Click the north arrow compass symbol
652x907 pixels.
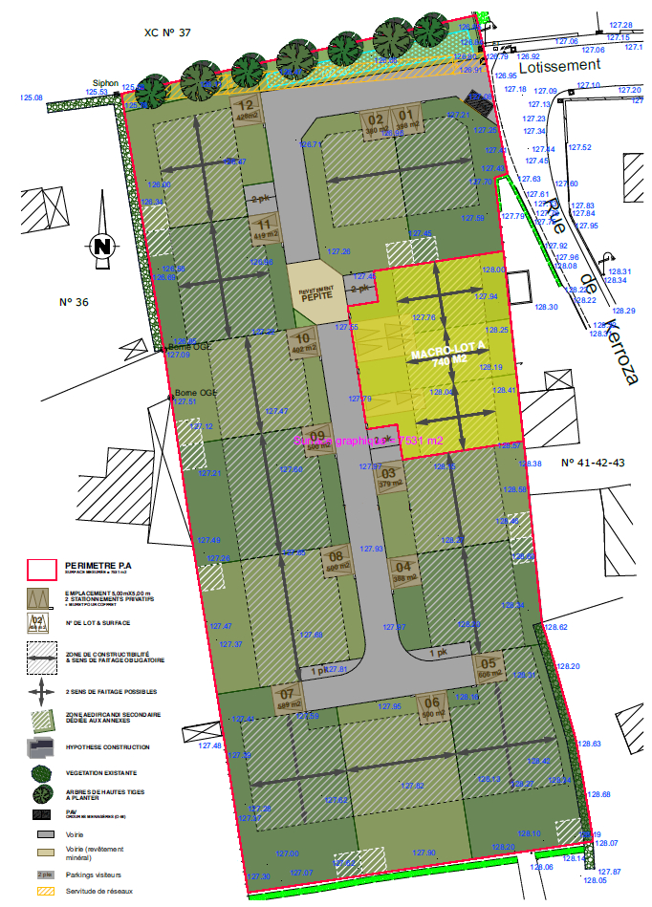click(102, 246)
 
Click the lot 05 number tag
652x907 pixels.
click(488, 667)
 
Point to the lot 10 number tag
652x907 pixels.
click(303, 341)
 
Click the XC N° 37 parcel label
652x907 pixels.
click(167, 32)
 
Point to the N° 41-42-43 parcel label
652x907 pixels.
click(593, 463)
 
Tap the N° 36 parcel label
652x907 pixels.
click(74, 302)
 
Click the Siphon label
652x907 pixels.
click(105, 82)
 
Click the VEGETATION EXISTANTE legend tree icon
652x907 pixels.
click(41, 773)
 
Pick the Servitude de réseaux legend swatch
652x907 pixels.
click(41, 892)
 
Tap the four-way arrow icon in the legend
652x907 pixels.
click(41, 691)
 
